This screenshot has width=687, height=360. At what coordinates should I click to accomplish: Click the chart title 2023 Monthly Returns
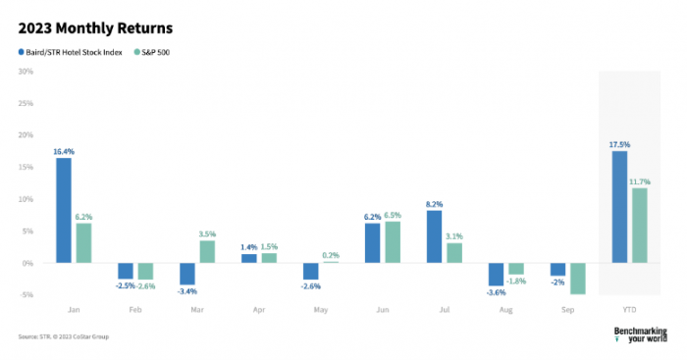pos(95,26)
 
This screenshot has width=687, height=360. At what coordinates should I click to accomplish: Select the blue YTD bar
pos(619,207)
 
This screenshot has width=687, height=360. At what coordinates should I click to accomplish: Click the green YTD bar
pos(639,226)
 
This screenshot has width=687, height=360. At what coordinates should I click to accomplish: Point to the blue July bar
pos(434,236)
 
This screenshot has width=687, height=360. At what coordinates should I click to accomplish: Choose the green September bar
pos(577,279)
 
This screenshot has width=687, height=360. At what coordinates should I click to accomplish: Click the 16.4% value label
pos(64,152)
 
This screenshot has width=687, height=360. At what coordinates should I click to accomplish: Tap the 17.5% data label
pos(619,144)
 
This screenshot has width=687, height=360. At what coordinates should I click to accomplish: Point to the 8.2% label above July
pos(434,204)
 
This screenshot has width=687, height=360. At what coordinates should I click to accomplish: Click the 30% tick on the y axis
pos(26,71)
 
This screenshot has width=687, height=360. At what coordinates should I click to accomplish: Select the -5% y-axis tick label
pos(26,294)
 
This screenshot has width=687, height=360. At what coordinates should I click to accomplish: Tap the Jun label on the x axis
pos(382,309)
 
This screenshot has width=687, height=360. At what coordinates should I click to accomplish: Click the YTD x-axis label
pos(629,309)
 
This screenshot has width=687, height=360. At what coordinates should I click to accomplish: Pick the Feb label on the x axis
pos(135,309)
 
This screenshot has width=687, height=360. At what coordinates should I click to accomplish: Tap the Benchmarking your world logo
pos(640,334)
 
